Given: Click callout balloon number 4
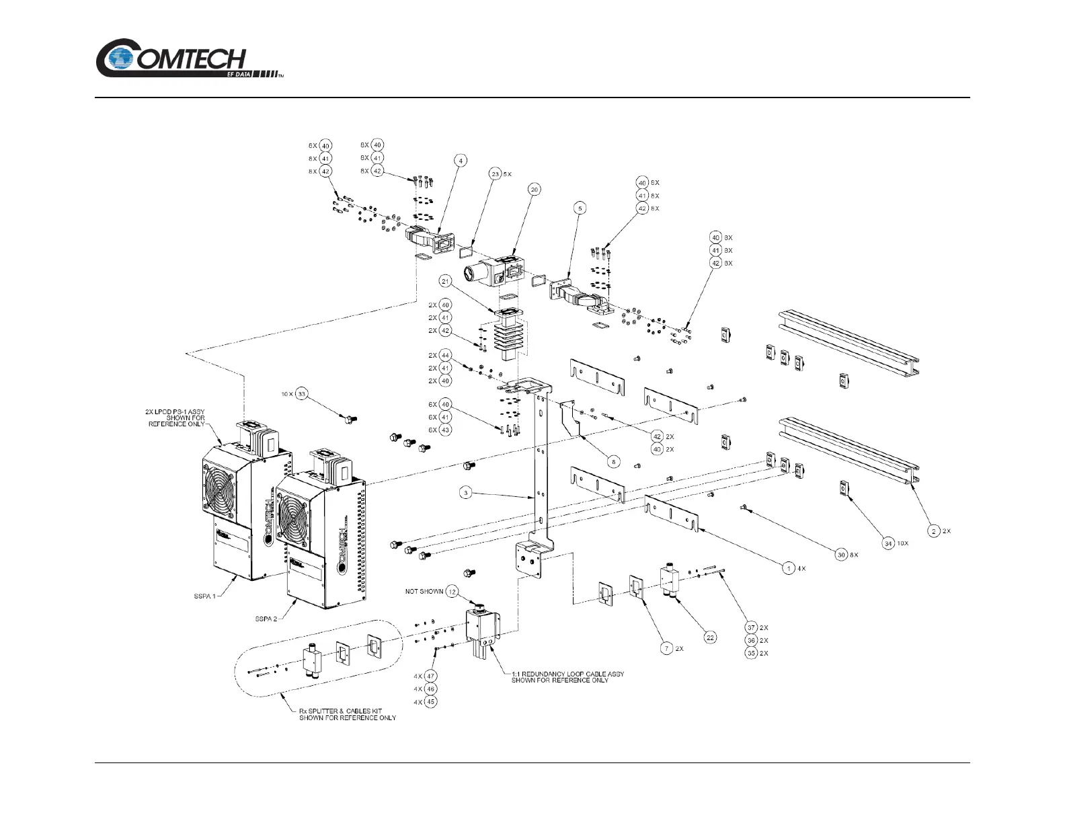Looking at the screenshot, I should [461, 161].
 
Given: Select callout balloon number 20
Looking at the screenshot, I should [535, 190].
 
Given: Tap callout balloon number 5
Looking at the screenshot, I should [580, 208].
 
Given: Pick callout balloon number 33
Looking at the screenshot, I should [302, 394].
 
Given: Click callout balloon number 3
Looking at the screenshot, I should [465, 493].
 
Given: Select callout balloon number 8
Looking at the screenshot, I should [613, 462].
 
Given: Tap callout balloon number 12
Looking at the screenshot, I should [452, 592].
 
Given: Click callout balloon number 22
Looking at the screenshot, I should [710, 637].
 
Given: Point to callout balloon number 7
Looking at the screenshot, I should [666, 648].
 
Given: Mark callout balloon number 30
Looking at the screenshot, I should [840, 555].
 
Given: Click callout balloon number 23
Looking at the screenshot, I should [496, 174].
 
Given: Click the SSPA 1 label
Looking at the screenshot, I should [202, 596].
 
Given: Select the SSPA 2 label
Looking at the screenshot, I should [266, 619].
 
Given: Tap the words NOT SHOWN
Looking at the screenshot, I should [424, 592].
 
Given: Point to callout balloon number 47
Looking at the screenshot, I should [431, 676].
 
